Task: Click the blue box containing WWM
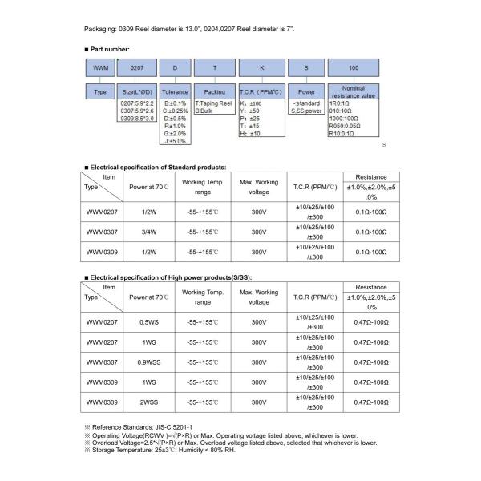tap(101, 69)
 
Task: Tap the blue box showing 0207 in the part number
tap(137, 69)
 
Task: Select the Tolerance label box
tap(175, 92)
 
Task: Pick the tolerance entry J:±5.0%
tap(176, 141)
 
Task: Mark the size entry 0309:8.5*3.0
tap(137, 118)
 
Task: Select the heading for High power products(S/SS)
tap(169, 277)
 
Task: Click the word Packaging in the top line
tap(100, 29)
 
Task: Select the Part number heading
tap(109, 50)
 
